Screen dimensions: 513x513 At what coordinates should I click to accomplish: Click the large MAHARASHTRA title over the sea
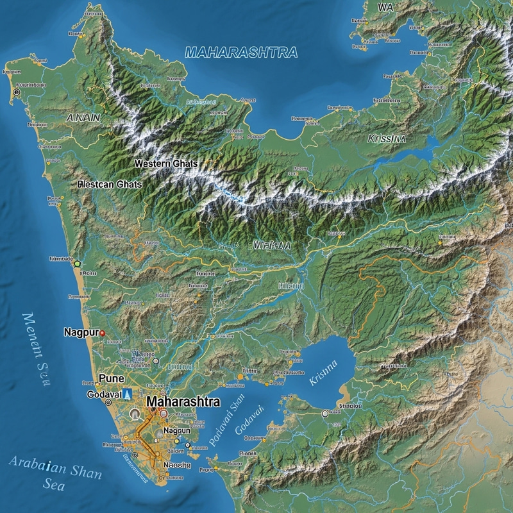tap(241, 53)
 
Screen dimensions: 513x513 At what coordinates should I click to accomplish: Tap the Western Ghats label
tap(166, 164)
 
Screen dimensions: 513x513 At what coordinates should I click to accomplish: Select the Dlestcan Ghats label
tap(109, 184)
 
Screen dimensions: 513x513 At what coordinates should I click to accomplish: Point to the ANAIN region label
tap(83, 117)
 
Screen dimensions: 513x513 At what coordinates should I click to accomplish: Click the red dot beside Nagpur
tap(103, 333)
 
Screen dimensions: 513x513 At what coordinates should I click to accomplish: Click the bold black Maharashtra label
tap(183, 402)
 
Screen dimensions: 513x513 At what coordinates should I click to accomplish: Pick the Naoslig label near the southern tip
tap(178, 465)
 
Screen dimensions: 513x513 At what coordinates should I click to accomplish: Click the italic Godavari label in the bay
tap(250, 421)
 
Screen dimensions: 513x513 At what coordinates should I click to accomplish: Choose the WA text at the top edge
tap(386, 8)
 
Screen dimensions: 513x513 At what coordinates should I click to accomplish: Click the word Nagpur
tap(80, 333)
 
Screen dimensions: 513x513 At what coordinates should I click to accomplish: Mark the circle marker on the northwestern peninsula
tap(16, 93)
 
